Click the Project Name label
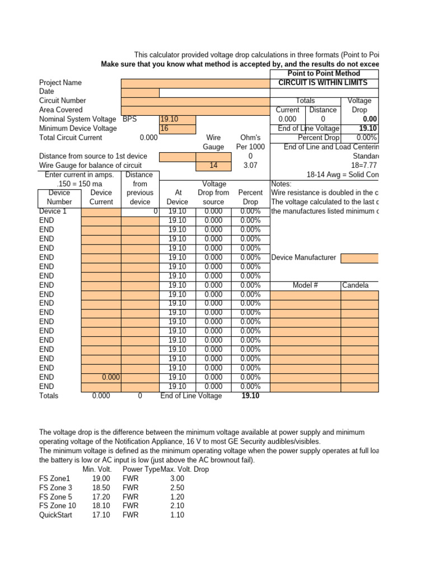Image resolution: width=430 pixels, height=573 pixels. (60, 83)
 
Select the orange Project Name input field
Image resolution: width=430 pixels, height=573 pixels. (195, 83)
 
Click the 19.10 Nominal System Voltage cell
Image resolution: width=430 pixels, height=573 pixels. (177, 119)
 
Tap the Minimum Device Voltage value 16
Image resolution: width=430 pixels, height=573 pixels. (177, 129)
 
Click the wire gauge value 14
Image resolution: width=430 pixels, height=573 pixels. (213, 166)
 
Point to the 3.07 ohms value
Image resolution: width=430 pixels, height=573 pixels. (250, 166)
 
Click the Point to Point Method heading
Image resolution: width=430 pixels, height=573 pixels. (323, 73)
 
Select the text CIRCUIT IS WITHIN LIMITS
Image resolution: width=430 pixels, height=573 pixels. (323, 83)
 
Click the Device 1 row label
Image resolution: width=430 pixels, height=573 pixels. (53, 212)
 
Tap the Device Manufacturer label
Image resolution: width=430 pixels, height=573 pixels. (303, 257)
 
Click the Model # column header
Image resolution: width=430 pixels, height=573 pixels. (305, 285)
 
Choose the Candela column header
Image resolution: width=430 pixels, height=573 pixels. (356, 285)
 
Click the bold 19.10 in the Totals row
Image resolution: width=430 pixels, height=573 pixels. (250, 396)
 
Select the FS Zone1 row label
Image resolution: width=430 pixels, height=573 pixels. (55, 478)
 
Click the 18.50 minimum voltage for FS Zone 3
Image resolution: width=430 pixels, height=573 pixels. (101, 487)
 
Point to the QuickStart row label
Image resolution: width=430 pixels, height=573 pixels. (57, 515)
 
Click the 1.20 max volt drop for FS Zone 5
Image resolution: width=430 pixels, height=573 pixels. (176, 497)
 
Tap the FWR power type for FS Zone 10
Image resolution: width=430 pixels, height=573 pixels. (130, 506)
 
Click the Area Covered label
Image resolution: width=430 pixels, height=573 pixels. (60, 110)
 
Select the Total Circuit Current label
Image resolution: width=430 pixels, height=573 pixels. (71, 138)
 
